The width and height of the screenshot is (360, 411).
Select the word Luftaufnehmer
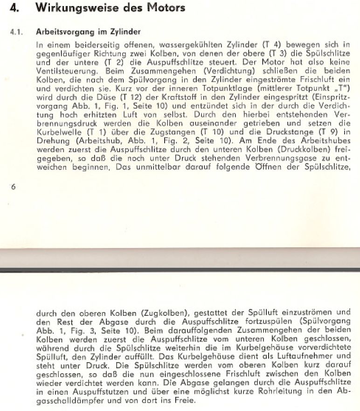point(283,355)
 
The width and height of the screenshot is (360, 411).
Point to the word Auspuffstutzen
point(83,389)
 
